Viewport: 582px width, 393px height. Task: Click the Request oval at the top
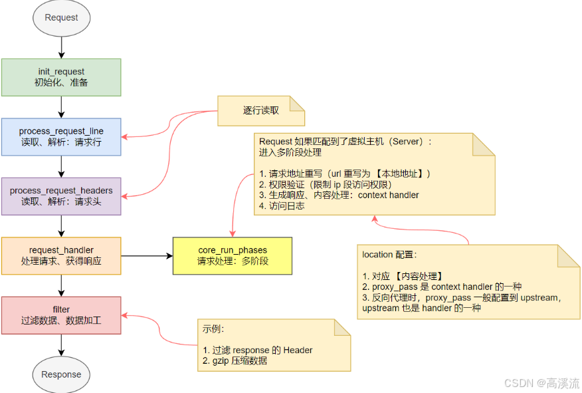click(x=61, y=18)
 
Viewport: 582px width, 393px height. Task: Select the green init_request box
click(x=61, y=77)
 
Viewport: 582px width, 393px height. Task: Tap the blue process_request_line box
click(x=61, y=137)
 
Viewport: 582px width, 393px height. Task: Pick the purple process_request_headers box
click(x=61, y=196)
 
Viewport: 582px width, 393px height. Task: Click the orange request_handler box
click(x=61, y=256)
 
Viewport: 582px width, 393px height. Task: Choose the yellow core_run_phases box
click(x=233, y=256)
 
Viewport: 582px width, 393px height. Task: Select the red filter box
click(x=61, y=315)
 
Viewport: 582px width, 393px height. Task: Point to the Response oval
click(x=61, y=374)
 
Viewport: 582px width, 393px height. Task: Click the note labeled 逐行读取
click(x=261, y=110)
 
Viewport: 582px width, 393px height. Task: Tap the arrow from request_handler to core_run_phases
click(x=147, y=256)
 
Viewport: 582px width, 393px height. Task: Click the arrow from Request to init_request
click(x=61, y=48)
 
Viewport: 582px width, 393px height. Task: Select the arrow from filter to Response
click(x=61, y=345)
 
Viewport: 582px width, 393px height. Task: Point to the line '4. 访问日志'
click(x=282, y=205)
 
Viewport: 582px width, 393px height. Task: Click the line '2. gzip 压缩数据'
click(x=235, y=360)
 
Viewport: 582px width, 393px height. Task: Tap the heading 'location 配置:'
click(x=389, y=255)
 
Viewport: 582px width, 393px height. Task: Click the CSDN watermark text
click(x=541, y=383)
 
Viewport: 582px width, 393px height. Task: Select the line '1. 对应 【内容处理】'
click(x=403, y=276)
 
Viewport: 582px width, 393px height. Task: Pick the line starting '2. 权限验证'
click(x=325, y=185)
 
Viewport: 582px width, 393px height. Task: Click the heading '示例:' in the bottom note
click(x=213, y=328)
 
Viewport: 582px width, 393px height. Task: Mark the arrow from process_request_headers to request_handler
click(x=61, y=226)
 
